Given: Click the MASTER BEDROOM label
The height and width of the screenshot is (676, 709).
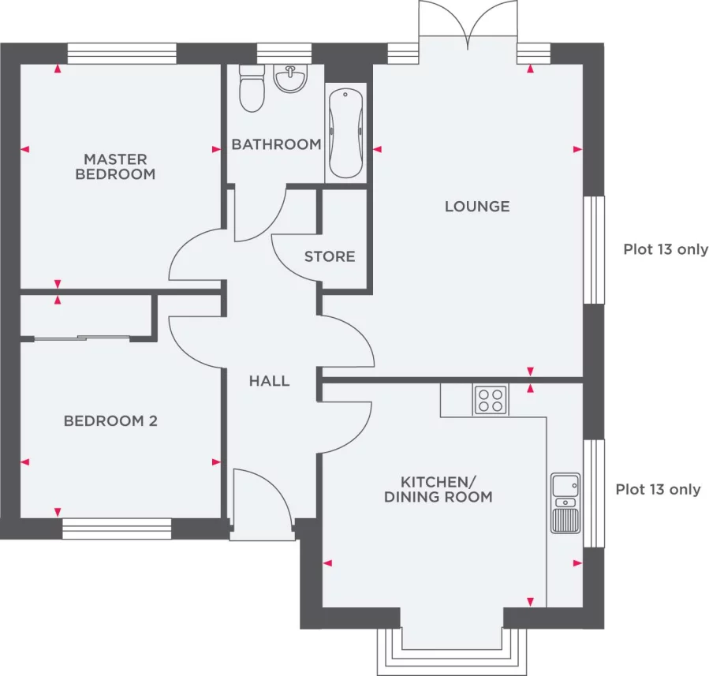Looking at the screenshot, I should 115,166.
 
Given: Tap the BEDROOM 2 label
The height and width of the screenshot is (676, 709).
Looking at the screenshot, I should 110,421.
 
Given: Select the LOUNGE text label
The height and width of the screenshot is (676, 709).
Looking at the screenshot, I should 477,207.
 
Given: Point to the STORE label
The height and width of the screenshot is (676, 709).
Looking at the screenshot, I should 330,256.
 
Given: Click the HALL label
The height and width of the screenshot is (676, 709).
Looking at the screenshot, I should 269,381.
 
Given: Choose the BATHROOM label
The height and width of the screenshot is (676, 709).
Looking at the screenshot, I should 276,144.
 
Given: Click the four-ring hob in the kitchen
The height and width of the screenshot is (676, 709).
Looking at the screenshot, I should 490,399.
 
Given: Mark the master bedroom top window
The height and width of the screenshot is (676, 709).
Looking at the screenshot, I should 121,54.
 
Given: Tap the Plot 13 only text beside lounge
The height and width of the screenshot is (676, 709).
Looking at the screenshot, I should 666,249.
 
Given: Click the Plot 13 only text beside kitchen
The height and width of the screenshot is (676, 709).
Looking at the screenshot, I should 658,489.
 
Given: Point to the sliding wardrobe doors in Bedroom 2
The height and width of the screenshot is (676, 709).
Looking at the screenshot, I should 83,338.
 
